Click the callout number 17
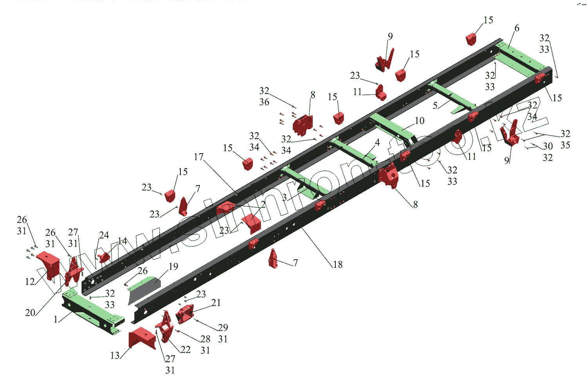tap(199, 157)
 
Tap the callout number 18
tap(338, 265)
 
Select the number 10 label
tap(420, 121)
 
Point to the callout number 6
tap(517, 28)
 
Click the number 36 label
tap(264, 102)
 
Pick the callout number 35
tap(565, 145)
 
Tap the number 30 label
tap(547, 147)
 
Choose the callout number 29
tap(223, 327)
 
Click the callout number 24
tap(104, 235)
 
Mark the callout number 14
tap(122, 241)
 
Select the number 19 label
tap(173, 267)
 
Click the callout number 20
tap(30, 313)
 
